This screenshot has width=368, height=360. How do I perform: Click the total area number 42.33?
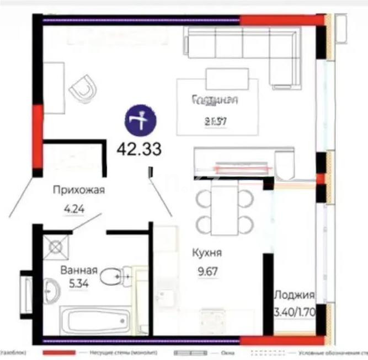[x=139, y=149]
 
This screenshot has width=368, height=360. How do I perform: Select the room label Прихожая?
[x=79, y=191]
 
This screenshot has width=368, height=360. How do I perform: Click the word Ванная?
[x=79, y=270]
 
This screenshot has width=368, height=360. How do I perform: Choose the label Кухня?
[x=207, y=253]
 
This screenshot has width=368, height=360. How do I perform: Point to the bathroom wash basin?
[x=52, y=290]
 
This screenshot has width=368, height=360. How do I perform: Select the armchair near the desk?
[x=84, y=88]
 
